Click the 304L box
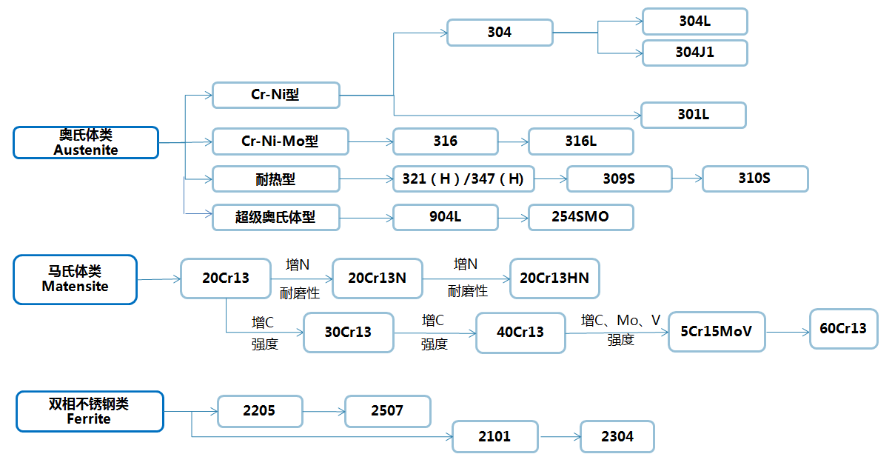(x=694, y=21)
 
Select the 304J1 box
(x=694, y=53)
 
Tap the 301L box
(x=693, y=115)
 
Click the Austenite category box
(x=86, y=142)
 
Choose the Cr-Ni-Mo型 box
(x=280, y=141)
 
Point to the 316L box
(x=580, y=141)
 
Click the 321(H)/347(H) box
(x=463, y=178)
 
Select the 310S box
(x=754, y=178)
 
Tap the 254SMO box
(x=580, y=217)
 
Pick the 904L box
(x=445, y=217)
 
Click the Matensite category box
(x=75, y=279)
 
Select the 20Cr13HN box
(x=554, y=278)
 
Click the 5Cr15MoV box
(x=716, y=331)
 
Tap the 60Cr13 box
(x=843, y=328)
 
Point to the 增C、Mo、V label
(x=620, y=321)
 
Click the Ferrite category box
(x=89, y=411)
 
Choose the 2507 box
(x=387, y=411)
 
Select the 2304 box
(x=617, y=436)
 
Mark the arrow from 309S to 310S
(x=686, y=178)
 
